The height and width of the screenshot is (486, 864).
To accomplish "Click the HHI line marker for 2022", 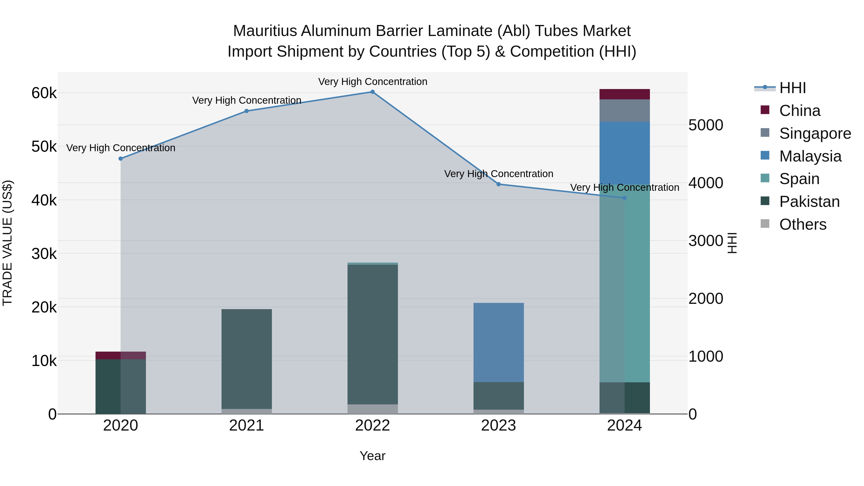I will click(372, 92).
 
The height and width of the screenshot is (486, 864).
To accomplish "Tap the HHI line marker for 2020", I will click(121, 159).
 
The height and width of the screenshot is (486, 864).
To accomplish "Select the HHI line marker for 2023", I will click(498, 184).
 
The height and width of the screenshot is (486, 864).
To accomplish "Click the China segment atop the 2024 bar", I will click(624, 94).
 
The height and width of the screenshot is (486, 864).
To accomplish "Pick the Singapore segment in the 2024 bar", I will click(624, 111).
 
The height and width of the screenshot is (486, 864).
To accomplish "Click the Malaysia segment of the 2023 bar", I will click(498, 342).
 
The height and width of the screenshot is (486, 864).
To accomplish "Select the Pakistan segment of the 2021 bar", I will click(246, 359).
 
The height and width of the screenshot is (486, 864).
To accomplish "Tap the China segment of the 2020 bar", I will click(121, 355).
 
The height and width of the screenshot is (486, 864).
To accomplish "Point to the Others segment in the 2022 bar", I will click(372, 409).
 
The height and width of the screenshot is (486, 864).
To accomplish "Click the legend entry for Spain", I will click(799, 179).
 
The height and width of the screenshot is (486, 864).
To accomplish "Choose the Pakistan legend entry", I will click(809, 202).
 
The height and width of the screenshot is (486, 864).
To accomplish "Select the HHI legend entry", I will click(792, 88).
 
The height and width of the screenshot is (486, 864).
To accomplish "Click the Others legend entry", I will click(803, 224).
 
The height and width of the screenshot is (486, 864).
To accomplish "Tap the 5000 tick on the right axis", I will click(706, 125).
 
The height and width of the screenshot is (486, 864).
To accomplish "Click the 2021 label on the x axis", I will click(246, 426).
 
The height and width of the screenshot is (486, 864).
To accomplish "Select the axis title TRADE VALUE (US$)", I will click(7, 243).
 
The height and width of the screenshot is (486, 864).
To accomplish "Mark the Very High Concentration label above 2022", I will click(372, 82).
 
